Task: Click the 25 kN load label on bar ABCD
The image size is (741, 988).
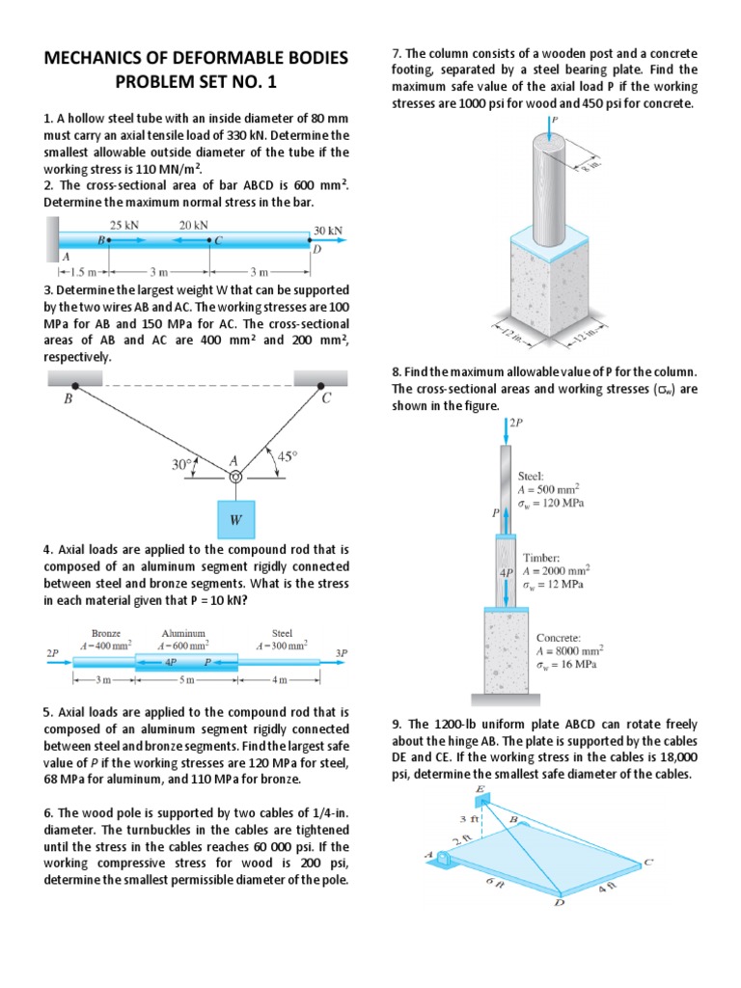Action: tap(124, 225)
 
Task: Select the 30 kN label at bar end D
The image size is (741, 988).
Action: tap(328, 232)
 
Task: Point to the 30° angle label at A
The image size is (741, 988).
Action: tap(181, 464)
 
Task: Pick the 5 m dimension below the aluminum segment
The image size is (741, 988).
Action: tap(186, 680)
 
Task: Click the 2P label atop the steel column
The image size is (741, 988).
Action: tap(518, 422)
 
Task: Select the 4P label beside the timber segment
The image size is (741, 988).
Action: tap(506, 571)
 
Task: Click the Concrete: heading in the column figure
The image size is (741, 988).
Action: tap(558, 638)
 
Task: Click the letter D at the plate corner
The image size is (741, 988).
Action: tap(557, 904)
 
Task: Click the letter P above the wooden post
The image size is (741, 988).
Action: tap(556, 120)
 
